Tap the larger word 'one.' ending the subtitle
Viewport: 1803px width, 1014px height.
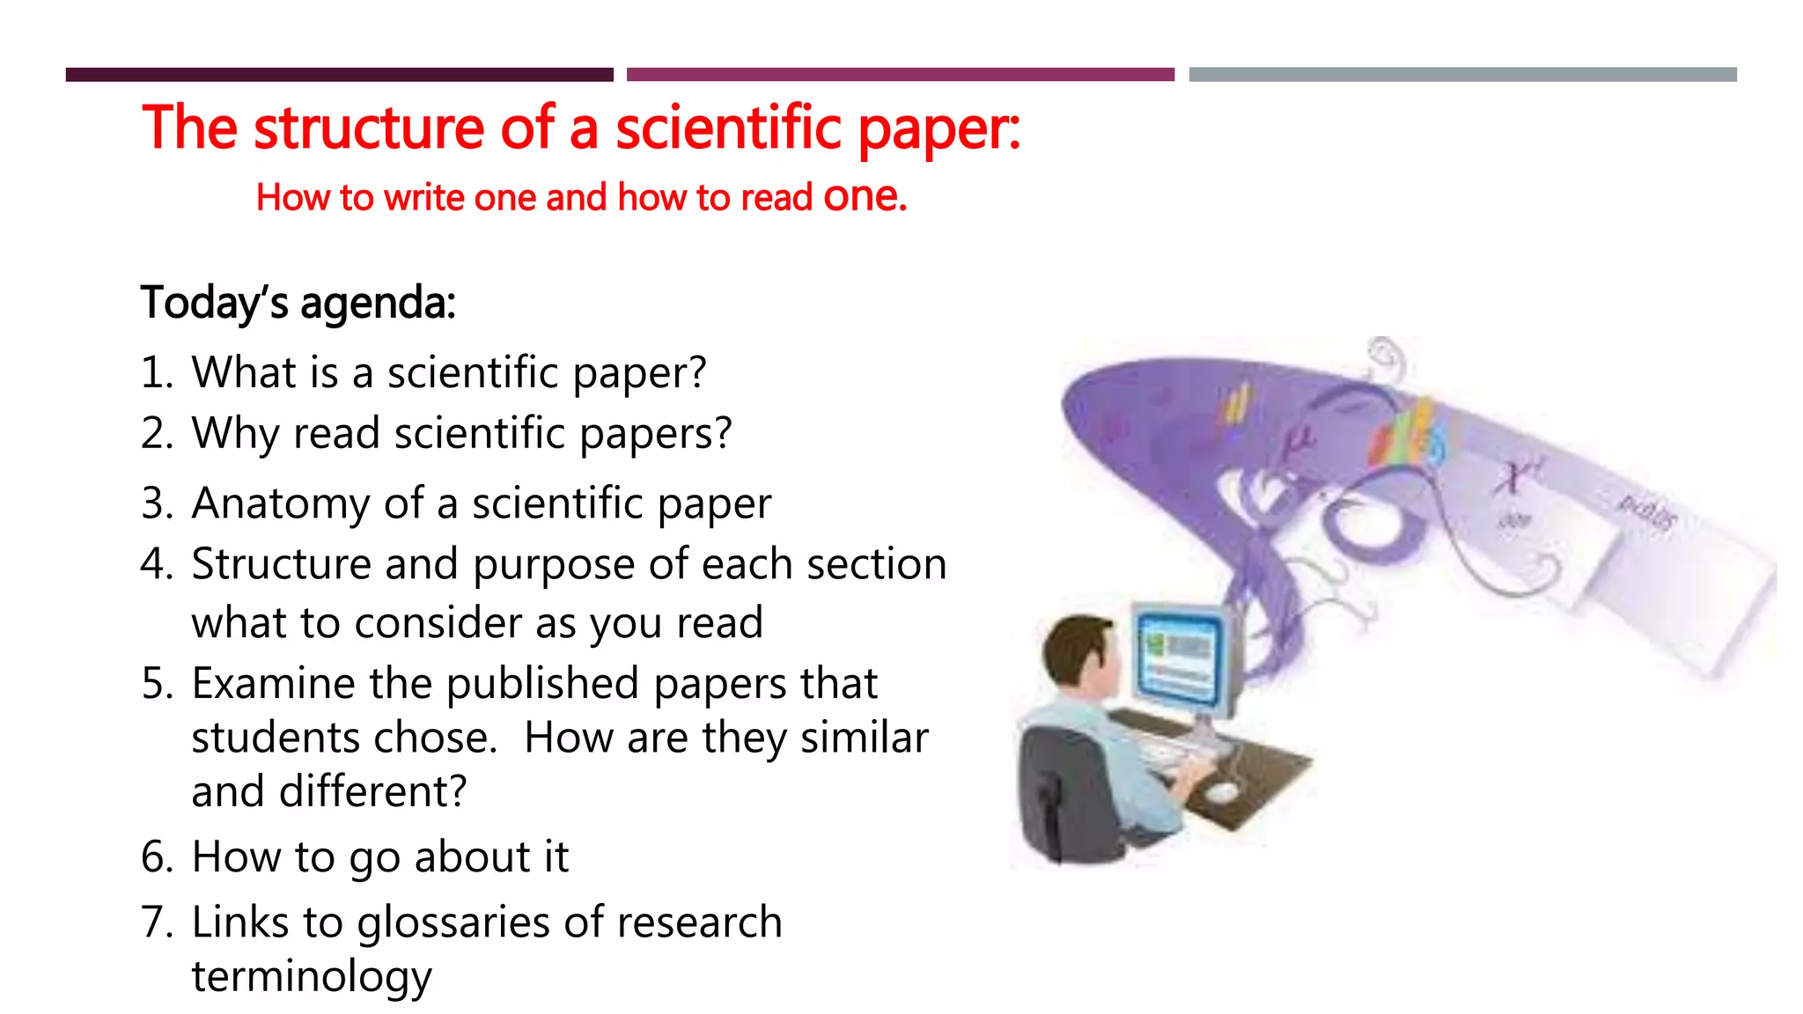pyautogui.click(x=865, y=196)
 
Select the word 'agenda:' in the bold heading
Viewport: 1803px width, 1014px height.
pyautogui.click(x=378, y=304)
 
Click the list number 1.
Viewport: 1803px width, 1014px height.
pyautogui.click(x=156, y=372)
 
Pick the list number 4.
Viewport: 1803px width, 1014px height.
pyautogui.click(x=157, y=564)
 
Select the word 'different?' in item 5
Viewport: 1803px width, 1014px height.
pyautogui.click(x=372, y=791)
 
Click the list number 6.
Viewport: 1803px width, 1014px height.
pyautogui.click(x=157, y=857)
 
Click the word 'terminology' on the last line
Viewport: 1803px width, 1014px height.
pyautogui.click(x=312, y=977)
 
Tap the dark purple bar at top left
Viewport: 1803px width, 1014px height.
pyautogui.click(x=339, y=75)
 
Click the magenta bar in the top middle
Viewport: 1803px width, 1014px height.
pyautogui.click(x=900, y=75)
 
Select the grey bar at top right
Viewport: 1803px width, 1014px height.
pyautogui.click(x=1462, y=75)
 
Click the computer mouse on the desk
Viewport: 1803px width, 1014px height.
pyautogui.click(x=1221, y=793)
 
